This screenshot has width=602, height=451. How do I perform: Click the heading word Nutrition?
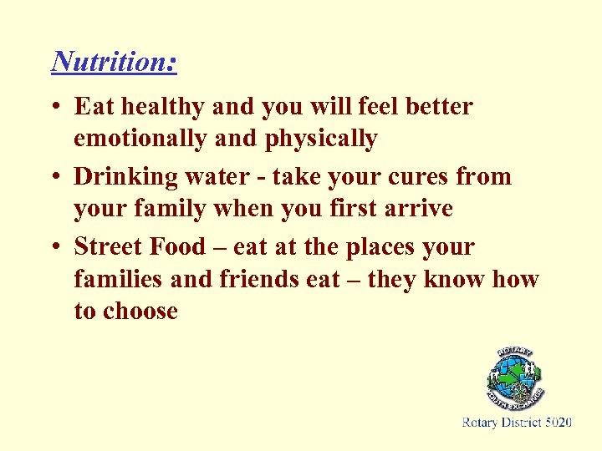pos(114,61)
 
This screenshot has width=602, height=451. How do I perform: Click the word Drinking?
pos(126,177)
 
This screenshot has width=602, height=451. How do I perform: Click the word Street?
pos(107,247)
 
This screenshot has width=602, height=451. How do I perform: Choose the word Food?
pos(178,247)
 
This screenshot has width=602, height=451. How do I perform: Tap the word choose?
pos(140,311)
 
